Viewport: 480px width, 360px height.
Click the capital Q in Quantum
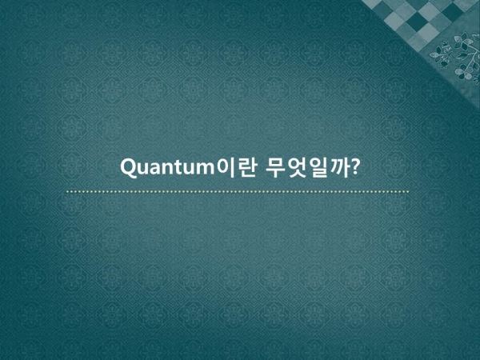[x=128, y=167]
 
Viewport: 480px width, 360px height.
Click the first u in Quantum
[x=142, y=169]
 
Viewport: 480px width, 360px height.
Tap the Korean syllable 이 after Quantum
[x=226, y=167]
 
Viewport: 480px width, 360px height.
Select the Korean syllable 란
[x=246, y=167]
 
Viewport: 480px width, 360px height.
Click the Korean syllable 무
[x=276, y=168]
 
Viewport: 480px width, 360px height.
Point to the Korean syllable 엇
[x=297, y=168]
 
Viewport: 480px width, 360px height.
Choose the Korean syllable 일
[x=317, y=168]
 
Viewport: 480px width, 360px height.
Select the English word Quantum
[x=167, y=167]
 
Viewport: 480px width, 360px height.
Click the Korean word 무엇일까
[x=307, y=168]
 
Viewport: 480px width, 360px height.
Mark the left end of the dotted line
[x=67, y=192]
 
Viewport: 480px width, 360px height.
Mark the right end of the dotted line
[x=408, y=192]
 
